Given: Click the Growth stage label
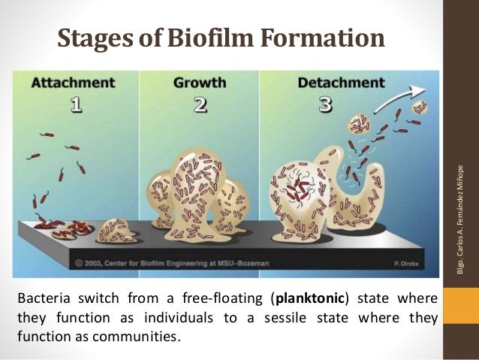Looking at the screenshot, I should coord(200,82).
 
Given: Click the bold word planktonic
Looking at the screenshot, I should coord(301,295).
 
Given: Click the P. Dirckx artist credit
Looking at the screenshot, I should coord(414,263).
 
